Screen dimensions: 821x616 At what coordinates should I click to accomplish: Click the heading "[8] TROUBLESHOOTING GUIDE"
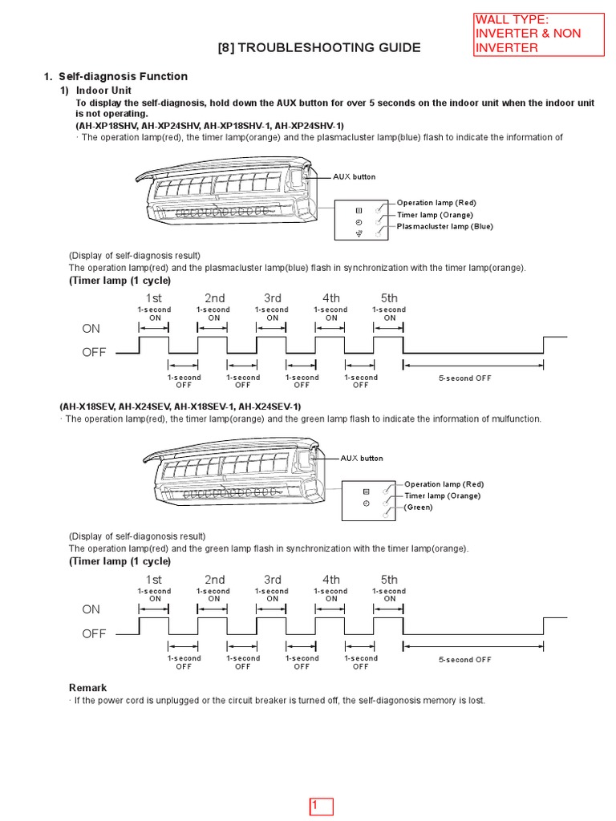click(x=318, y=47)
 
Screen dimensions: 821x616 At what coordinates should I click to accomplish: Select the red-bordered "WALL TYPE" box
click(x=538, y=34)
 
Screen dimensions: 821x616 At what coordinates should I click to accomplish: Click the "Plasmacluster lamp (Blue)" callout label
click(x=445, y=226)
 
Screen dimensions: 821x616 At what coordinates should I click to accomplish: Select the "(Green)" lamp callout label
click(x=418, y=508)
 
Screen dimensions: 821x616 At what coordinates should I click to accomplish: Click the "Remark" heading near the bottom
click(x=87, y=688)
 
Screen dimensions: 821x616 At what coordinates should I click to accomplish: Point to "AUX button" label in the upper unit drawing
click(x=354, y=176)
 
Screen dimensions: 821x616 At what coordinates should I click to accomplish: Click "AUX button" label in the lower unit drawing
click(x=362, y=459)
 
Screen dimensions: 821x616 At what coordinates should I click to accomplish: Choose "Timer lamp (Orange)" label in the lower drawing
click(x=442, y=495)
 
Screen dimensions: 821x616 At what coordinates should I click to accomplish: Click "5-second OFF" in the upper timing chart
click(x=464, y=378)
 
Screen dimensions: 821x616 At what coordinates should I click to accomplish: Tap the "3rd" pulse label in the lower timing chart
click(x=273, y=580)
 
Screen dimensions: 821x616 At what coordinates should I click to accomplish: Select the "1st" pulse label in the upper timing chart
click(x=154, y=298)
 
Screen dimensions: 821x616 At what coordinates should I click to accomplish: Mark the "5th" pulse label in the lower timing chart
click(x=389, y=580)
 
